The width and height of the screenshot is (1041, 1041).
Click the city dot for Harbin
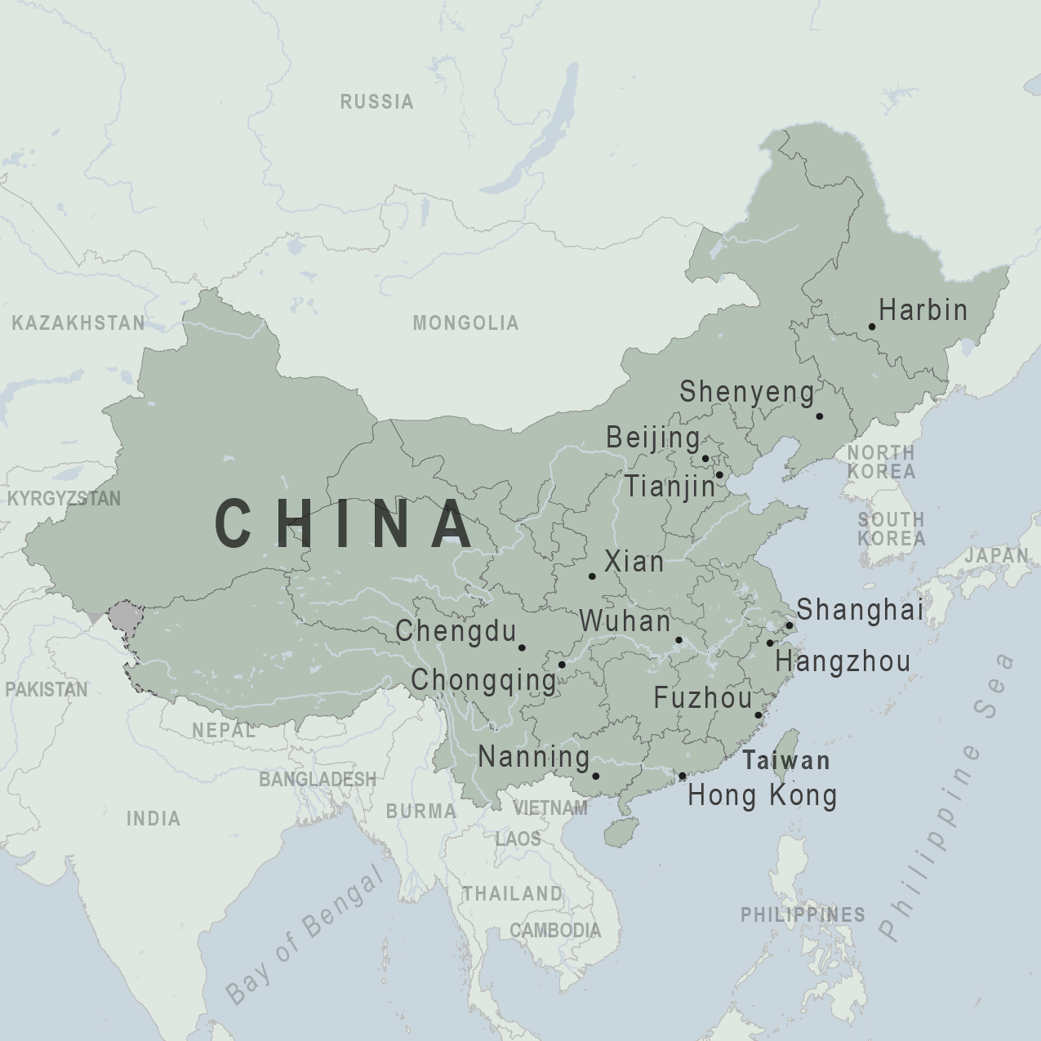pyautogui.click(x=872, y=327)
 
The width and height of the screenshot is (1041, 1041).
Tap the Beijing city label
pyautogui.click(x=652, y=438)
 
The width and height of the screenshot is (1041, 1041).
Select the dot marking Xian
pyautogui.click(x=592, y=576)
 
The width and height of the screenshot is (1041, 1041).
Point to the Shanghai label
pyautogui.click(x=860, y=609)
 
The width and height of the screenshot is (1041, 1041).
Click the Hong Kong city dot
pyautogui.click(x=683, y=776)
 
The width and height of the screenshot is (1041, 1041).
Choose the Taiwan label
pyautogui.click(x=785, y=761)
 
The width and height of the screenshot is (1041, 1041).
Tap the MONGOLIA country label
pyautogui.click(x=465, y=323)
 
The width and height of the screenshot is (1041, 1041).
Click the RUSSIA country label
pyautogui.click(x=376, y=102)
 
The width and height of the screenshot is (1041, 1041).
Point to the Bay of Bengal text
pyautogui.click(x=304, y=935)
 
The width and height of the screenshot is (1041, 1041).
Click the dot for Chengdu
pyautogui.click(x=522, y=647)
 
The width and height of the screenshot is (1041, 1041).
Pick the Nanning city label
pyautogui.click(x=534, y=757)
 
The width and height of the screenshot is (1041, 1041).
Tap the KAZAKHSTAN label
pyautogui.click(x=78, y=323)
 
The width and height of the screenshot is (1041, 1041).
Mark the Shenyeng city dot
pyautogui.click(x=820, y=416)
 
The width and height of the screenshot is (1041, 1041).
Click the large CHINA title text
pyautogui.click(x=344, y=524)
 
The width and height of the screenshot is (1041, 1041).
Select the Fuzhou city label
pyautogui.click(x=703, y=698)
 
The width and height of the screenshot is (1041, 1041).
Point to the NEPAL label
pyautogui.click(x=223, y=730)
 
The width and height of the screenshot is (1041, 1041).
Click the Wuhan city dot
pyautogui.click(x=678, y=641)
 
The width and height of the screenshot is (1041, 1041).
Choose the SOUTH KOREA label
pyautogui.click(x=891, y=529)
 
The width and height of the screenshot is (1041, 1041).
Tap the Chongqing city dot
pyautogui.click(x=562, y=665)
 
